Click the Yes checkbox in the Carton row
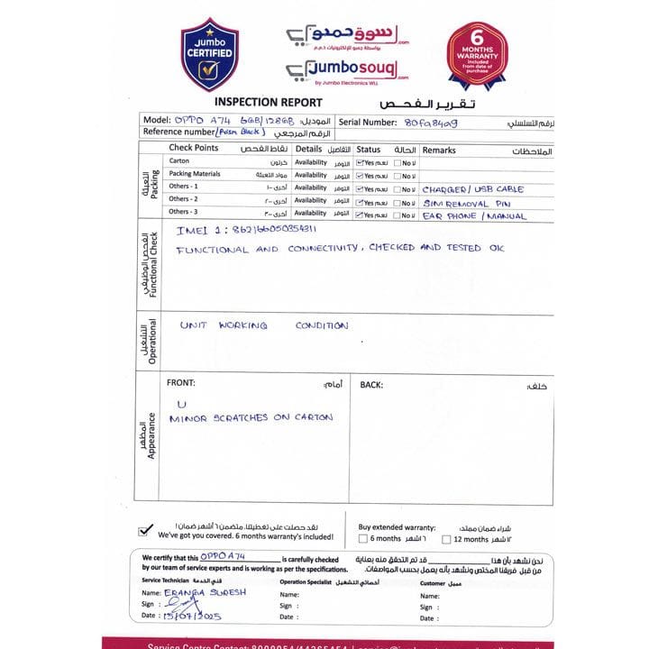pyautogui.click(x=360, y=163)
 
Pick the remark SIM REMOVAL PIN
pyautogui.click(x=467, y=203)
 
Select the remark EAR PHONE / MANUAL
pyautogui.click(x=474, y=216)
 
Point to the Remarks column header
pyautogui.click(x=439, y=150)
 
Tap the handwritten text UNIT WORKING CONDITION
pyautogui.click(x=263, y=325)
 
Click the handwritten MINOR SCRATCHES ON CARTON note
pyautogui.click(x=251, y=418)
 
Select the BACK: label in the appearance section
pyautogui.click(x=371, y=385)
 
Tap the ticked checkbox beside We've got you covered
pyautogui.click(x=143, y=530)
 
